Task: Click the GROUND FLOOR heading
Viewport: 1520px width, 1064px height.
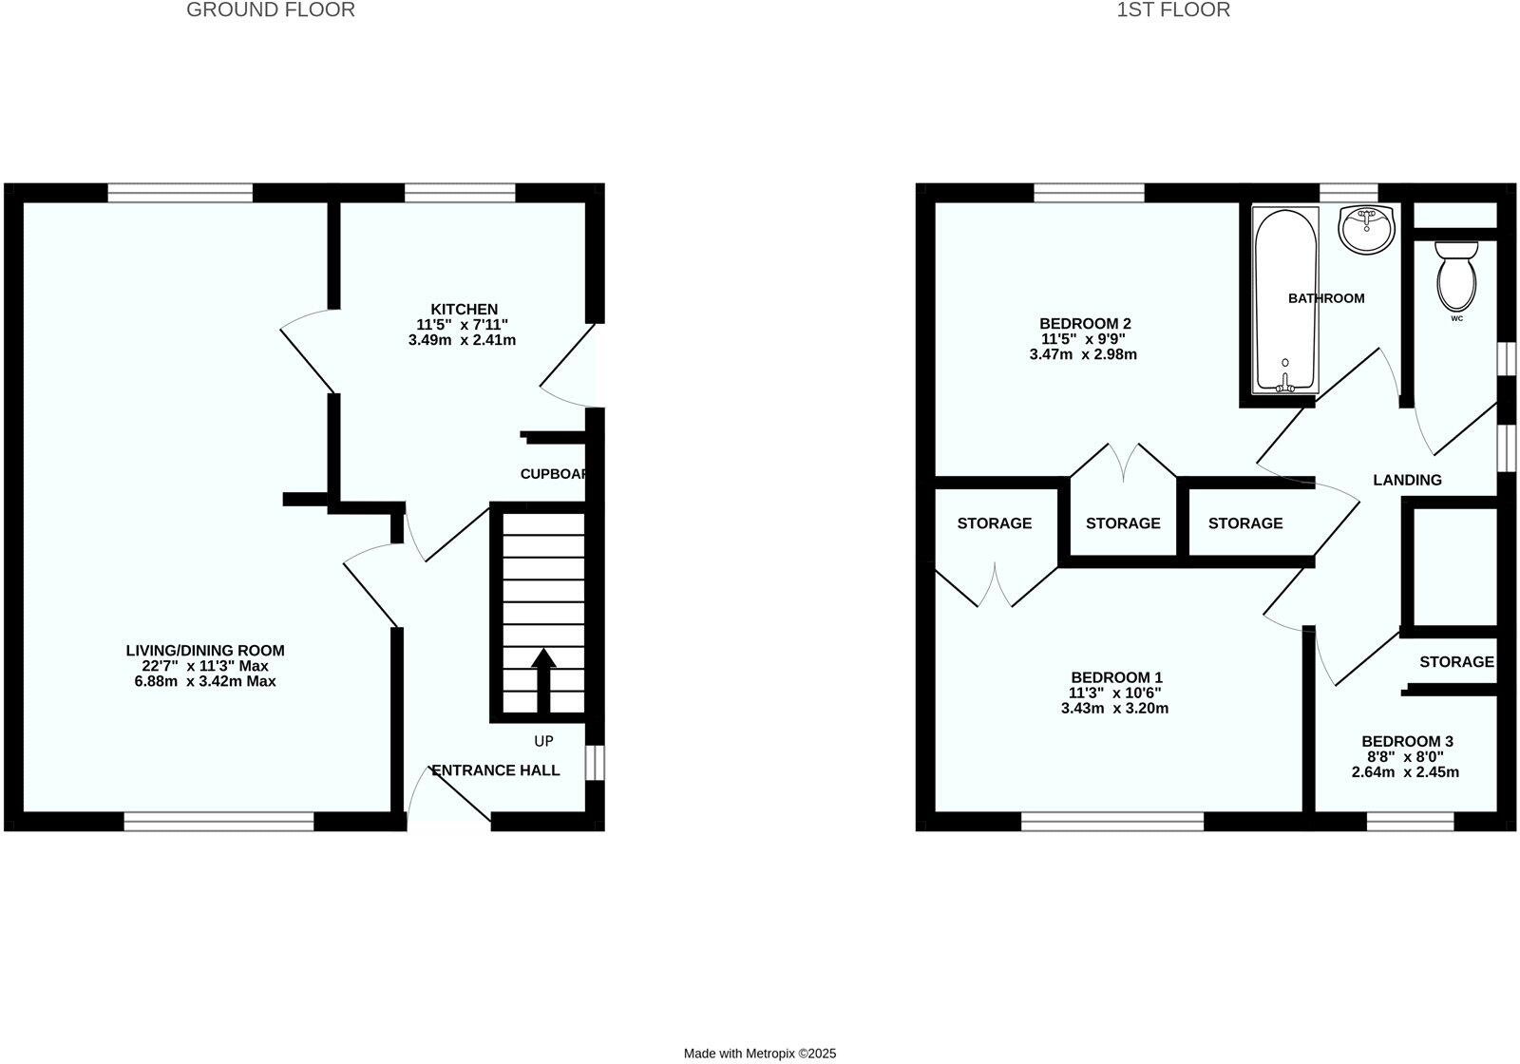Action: tap(271, 10)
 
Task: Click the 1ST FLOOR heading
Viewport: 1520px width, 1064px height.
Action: tap(1173, 10)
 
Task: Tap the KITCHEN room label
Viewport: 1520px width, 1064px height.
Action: tap(464, 310)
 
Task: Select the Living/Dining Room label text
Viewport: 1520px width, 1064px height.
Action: tap(205, 651)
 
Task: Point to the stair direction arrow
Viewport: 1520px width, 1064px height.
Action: tap(543, 678)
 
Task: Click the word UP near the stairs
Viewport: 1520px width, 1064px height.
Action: tap(543, 741)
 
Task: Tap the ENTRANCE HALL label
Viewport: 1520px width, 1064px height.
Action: tap(496, 770)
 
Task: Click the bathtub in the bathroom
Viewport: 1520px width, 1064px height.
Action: tap(1285, 299)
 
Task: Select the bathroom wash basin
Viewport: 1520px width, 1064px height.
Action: tap(1366, 228)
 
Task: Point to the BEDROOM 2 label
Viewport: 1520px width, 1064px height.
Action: tap(1085, 324)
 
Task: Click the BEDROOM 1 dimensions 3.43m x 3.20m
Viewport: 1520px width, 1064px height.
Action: tap(1114, 709)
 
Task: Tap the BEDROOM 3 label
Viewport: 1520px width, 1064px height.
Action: tap(1407, 742)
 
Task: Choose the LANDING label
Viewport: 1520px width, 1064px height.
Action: tap(1407, 481)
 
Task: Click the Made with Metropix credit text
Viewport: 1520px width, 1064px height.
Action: tap(760, 1054)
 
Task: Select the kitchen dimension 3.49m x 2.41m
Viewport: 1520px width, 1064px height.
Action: tap(462, 340)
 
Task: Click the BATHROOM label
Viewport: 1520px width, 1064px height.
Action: tap(1326, 298)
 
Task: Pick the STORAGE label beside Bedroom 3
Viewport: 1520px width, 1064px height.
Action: tap(1456, 662)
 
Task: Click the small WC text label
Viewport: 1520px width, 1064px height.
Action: tap(1456, 319)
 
